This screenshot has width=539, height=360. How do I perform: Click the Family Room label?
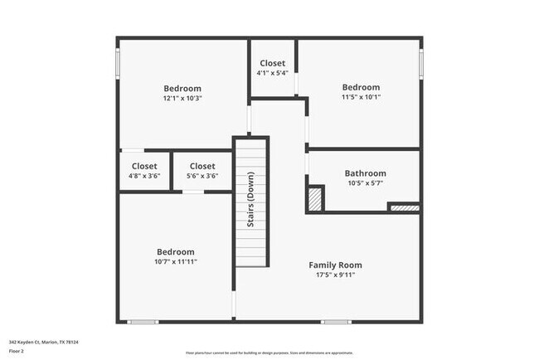point(335,265)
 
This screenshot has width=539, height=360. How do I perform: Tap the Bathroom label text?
point(365,173)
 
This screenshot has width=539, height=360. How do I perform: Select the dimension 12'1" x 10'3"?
point(182,99)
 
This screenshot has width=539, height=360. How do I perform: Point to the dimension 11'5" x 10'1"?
point(361,97)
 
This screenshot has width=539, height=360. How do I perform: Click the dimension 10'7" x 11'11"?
point(176,261)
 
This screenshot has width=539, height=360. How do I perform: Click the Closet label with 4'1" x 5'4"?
point(273,64)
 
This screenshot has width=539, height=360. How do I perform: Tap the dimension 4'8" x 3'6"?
point(143,176)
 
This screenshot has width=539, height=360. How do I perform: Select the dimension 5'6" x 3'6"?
point(202,176)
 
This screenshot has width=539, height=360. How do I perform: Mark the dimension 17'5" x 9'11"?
point(335,275)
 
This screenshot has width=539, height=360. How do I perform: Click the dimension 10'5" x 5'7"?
point(365,183)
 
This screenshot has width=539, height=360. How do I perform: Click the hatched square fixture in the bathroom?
point(315,199)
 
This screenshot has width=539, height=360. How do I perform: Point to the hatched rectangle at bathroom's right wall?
point(404,207)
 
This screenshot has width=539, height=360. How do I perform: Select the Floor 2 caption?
point(17,351)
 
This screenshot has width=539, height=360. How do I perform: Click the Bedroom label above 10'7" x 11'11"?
point(176,251)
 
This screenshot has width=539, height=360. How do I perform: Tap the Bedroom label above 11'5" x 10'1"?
point(361,87)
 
